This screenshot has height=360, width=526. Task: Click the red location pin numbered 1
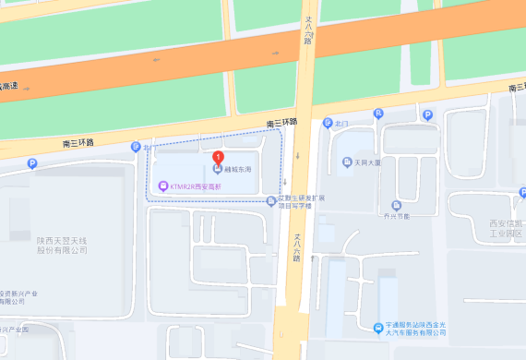(x=218, y=157)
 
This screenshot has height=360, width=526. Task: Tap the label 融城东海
(x=238, y=170)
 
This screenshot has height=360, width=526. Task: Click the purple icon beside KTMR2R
(x=163, y=186)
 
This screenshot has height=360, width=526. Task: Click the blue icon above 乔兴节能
(x=396, y=205)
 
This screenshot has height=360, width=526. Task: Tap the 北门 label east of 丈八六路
(x=342, y=122)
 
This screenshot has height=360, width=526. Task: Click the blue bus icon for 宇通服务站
(x=378, y=329)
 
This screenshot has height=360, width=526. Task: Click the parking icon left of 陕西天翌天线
(x=33, y=164)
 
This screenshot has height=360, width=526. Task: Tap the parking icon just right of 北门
(x=377, y=114)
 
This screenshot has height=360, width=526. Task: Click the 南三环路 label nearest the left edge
(x=78, y=142)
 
